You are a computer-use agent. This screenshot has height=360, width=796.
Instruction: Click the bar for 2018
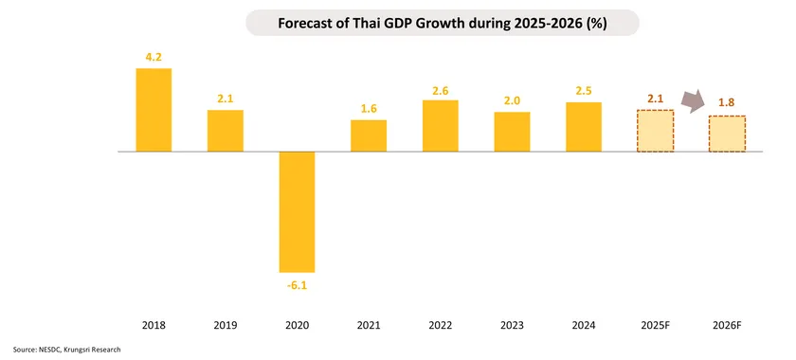[154, 110]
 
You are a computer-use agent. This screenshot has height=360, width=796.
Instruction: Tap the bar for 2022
[441, 126]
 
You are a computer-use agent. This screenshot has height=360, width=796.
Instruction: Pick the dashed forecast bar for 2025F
[655, 131]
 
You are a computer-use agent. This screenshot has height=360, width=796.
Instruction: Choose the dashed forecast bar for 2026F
[727, 134]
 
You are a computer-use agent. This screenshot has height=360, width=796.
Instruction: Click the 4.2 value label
[154, 57]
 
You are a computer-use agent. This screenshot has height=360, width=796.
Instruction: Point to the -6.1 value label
[297, 284]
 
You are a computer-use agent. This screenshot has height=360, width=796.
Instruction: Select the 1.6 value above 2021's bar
[369, 109]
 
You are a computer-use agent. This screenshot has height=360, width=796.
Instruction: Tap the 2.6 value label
[441, 90]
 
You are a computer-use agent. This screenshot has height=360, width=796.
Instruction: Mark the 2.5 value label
[584, 91]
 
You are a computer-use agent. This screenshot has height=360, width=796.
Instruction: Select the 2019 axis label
[226, 325]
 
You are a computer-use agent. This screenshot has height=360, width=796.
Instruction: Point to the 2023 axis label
[512, 325]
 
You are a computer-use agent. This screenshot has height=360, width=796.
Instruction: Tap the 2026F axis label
[727, 325]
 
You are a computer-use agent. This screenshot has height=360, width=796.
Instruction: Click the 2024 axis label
[584, 325]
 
